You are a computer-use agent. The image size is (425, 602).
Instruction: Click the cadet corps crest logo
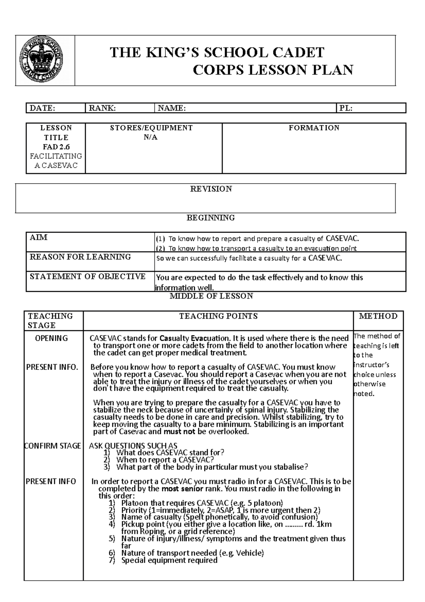point(45,60)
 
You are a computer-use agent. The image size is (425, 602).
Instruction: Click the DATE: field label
point(42,108)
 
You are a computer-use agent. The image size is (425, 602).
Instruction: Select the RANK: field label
point(102,108)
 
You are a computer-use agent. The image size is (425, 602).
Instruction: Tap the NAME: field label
point(172,108)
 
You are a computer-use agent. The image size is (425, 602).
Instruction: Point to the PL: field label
point(346,108)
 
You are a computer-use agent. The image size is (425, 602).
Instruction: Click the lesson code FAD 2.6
point(56,147)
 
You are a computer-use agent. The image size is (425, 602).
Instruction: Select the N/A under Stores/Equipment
point(151,137)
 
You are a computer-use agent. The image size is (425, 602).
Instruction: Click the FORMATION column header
point(314,128)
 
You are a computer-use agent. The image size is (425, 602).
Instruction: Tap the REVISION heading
point(211,189)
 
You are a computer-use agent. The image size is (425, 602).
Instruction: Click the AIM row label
point(39,238)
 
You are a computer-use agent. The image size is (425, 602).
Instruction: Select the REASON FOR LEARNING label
point(80,257)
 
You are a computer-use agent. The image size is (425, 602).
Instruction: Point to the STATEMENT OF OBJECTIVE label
point(87,277)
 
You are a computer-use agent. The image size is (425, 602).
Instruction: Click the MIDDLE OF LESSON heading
point(211,296)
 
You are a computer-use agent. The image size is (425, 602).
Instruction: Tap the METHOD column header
point(378,316)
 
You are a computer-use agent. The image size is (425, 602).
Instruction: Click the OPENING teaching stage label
point(51,338)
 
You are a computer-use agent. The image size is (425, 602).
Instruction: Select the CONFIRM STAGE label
point(52,446)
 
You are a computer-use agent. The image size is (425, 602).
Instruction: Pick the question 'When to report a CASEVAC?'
point(165,460)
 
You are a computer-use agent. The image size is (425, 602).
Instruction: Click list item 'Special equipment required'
point(169,561)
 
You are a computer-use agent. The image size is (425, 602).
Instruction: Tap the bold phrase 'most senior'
point(182,489)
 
